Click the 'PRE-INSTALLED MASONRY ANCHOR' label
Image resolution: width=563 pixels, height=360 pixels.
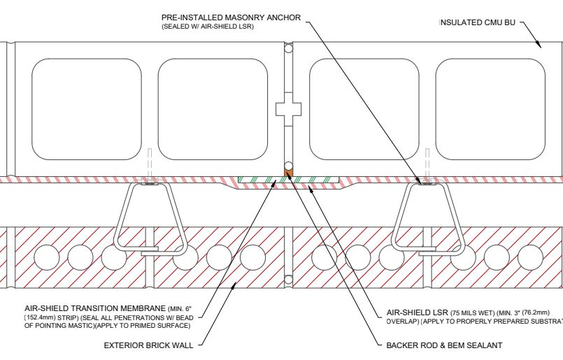(x=231, y=17)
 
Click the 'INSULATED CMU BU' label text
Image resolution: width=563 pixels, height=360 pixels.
(x=478, y=23)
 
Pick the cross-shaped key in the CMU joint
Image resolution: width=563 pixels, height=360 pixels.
(x=287, y=109)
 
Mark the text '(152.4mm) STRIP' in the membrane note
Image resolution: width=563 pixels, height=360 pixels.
(x=49, y=317)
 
